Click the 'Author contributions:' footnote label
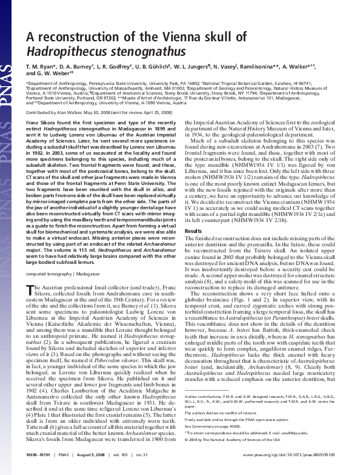(x=204, y=413)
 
